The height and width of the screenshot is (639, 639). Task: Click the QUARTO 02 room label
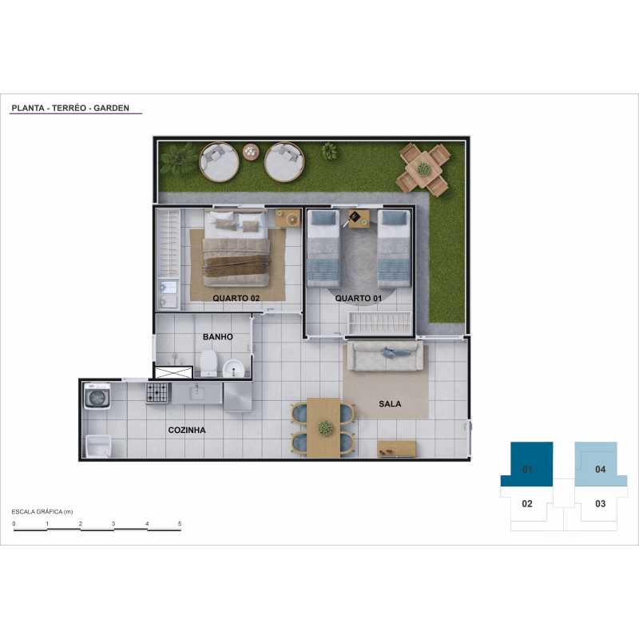236,298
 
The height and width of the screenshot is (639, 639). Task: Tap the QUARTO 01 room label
358,298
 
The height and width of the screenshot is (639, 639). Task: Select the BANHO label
218,337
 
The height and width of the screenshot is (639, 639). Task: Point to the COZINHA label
187,430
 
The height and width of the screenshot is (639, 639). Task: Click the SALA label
390,404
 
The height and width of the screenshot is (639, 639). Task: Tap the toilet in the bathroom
208,363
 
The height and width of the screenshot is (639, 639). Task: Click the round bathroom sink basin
233,369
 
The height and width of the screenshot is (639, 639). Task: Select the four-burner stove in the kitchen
157,393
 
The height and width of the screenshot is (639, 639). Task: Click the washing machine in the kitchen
97,395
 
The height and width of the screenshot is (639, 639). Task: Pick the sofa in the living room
388,355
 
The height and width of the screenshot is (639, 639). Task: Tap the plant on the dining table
325,427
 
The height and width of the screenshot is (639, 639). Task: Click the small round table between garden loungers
251,152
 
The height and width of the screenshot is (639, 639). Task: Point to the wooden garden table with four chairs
424,169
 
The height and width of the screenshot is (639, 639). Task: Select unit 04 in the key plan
601,465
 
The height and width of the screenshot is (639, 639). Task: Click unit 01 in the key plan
527,465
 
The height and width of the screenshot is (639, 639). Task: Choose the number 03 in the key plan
601,504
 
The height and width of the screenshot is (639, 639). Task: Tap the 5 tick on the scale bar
180,524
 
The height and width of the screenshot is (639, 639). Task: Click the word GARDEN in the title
111,108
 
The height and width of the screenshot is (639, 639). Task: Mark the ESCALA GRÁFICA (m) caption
42,512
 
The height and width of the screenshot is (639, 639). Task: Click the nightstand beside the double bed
288,218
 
